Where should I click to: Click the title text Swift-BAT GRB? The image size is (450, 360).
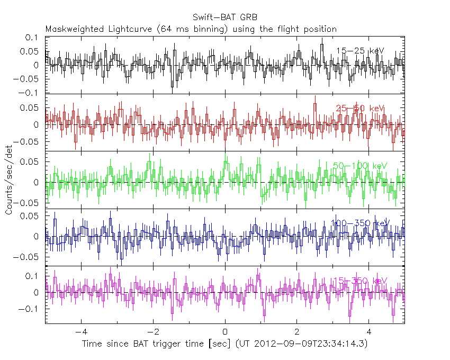225,17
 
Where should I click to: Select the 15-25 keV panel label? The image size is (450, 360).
360,51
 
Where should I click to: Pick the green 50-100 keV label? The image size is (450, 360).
360,166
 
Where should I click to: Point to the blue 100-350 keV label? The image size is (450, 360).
360,223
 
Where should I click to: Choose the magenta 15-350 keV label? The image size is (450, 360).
360,281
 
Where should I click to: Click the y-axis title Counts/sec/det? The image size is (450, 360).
9,181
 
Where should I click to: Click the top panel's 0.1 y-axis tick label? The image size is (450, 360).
33,38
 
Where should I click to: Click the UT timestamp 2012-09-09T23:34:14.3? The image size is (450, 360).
306,344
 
